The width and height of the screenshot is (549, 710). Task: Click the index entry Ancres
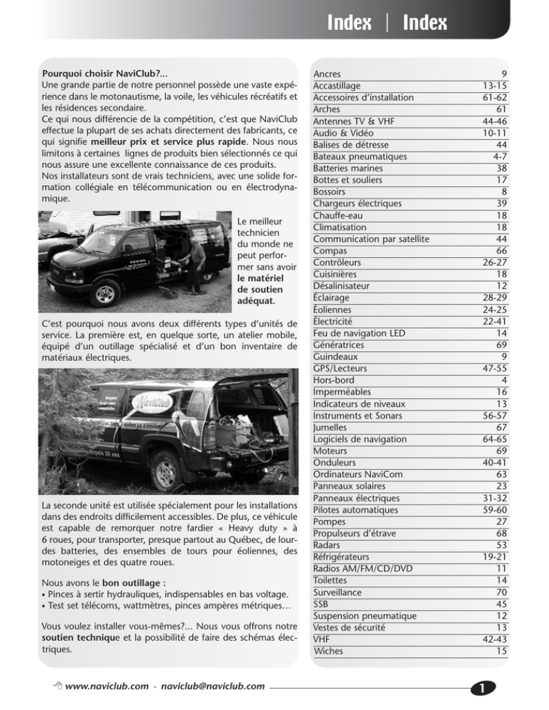click(x=327, y=74)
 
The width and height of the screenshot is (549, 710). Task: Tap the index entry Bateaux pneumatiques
click(x=360, y=156)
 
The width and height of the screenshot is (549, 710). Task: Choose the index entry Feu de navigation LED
click(x=361, y=332)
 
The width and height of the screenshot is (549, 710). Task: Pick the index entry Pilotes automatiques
click(x=357, y=509)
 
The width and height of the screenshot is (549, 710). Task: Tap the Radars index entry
click(x=331, y=544)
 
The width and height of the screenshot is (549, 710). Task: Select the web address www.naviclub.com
click(x=109, y=686)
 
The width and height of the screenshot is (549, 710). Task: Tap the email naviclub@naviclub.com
click(x=213, y=686)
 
